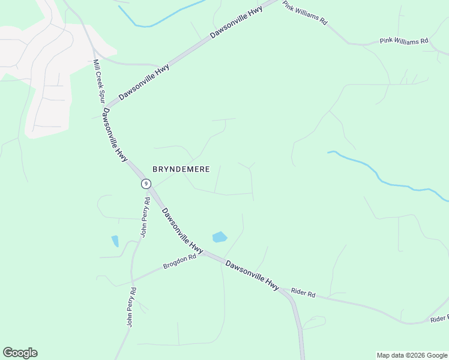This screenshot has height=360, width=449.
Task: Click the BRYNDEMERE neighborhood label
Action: (181, 169)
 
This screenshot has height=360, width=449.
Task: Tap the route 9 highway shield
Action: (145, 184)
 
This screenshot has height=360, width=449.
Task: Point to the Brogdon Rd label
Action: (180, 261)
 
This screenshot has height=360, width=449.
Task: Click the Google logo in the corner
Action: (20, 353)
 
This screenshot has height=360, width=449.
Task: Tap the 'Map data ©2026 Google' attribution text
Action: (412, 355)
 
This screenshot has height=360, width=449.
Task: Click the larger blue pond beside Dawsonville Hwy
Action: (220, 237)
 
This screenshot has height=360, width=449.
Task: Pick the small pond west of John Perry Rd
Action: (115, 241)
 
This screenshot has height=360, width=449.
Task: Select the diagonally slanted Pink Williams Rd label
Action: (305, 12)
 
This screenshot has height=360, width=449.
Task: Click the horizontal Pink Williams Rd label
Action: (404, 41)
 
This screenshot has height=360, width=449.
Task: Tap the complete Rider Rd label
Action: (303, 293)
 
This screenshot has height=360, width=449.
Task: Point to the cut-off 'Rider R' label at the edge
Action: (439, 319)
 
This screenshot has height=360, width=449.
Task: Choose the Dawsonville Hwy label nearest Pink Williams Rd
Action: (238, 22)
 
